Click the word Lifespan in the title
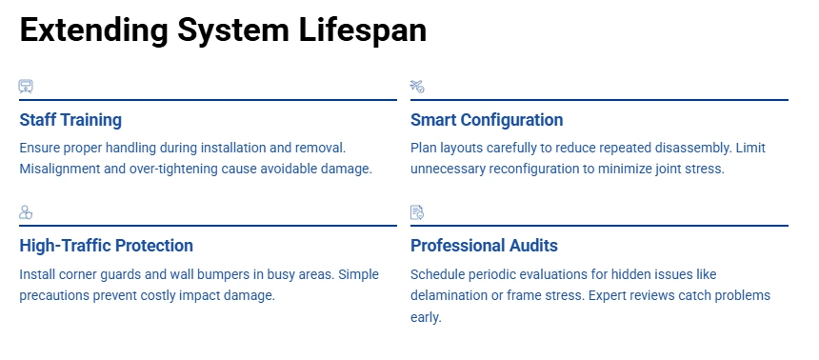coord(363,30)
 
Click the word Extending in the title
coord(93,30)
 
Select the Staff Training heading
coord(70,120)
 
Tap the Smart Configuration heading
coord(487,120)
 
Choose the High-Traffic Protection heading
coord(106,245)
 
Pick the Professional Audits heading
coord(484,245)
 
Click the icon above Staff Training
coord(26,87)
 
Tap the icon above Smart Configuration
coord(417,87)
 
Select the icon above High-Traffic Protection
coord(26,212)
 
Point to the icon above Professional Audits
coord(417,212)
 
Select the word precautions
coord(54,295)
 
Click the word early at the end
coord(426,317)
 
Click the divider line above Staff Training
coord(208,100)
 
